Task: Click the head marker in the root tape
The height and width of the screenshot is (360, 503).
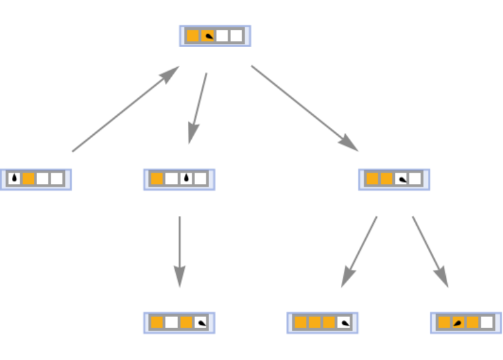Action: click(208, 36)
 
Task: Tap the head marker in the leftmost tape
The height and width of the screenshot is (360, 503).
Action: click(14, 179)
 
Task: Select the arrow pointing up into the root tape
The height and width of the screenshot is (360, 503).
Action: click(125, 109)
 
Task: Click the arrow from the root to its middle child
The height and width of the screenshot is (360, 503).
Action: click(198, 108)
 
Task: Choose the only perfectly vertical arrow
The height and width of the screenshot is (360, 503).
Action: click(179, 251)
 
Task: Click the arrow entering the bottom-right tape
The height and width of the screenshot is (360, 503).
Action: click(430, 251)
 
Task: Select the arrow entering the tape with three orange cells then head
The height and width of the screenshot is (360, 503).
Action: click(359, 251)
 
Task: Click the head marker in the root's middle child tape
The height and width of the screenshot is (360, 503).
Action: click(186, 179)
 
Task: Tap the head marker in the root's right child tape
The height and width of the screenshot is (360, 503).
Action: click(401, 179)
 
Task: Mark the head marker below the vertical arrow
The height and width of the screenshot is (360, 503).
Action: click(201, 323)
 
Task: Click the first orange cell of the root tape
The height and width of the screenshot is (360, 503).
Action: click(192, 36)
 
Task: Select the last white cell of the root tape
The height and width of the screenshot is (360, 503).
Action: click(237, 36)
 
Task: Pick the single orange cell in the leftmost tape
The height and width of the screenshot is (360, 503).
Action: click(29, 179)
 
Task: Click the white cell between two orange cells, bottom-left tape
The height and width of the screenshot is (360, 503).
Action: click(171, 323)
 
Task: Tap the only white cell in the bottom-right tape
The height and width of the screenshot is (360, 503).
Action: click(487, 323)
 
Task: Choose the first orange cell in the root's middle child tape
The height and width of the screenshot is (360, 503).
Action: click(157, 179)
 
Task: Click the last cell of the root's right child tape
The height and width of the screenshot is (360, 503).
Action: click(415, 179)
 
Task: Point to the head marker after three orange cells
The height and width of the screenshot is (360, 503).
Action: click(344, 323)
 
